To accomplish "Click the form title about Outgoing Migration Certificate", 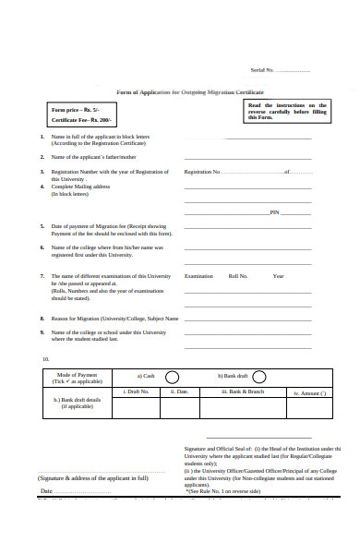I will coord(189,93).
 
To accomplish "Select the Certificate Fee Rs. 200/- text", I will coord(82,121).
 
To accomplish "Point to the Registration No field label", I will coord(202,172).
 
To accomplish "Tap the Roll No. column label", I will coord(239,276).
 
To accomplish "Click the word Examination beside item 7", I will coord(198,276).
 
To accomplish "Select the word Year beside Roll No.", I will coord(278,276).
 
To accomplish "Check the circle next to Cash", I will coord(172,377).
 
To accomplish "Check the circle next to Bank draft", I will coord(258,377).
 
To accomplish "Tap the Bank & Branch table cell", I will coord(243,392).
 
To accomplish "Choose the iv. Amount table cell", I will coord(309,393).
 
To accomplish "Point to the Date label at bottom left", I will coord(46,491).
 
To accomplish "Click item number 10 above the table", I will coord(45,358).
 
